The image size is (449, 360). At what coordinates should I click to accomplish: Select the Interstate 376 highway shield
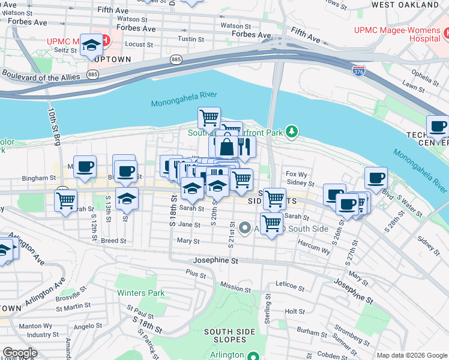tap(359, 71)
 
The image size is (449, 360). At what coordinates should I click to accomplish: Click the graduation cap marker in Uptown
tap(92, 45)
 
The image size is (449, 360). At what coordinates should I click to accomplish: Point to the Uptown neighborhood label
tap(112, 60)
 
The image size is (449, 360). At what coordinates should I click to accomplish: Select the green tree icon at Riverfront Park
tap(291, 131)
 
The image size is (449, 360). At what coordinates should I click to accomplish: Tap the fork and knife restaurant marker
tap(245, 146)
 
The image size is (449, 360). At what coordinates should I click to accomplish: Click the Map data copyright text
tap(412, 355)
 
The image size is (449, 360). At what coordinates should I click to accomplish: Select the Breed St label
tap(113, 241)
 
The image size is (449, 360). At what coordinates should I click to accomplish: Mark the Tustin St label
tap(191, 39)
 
